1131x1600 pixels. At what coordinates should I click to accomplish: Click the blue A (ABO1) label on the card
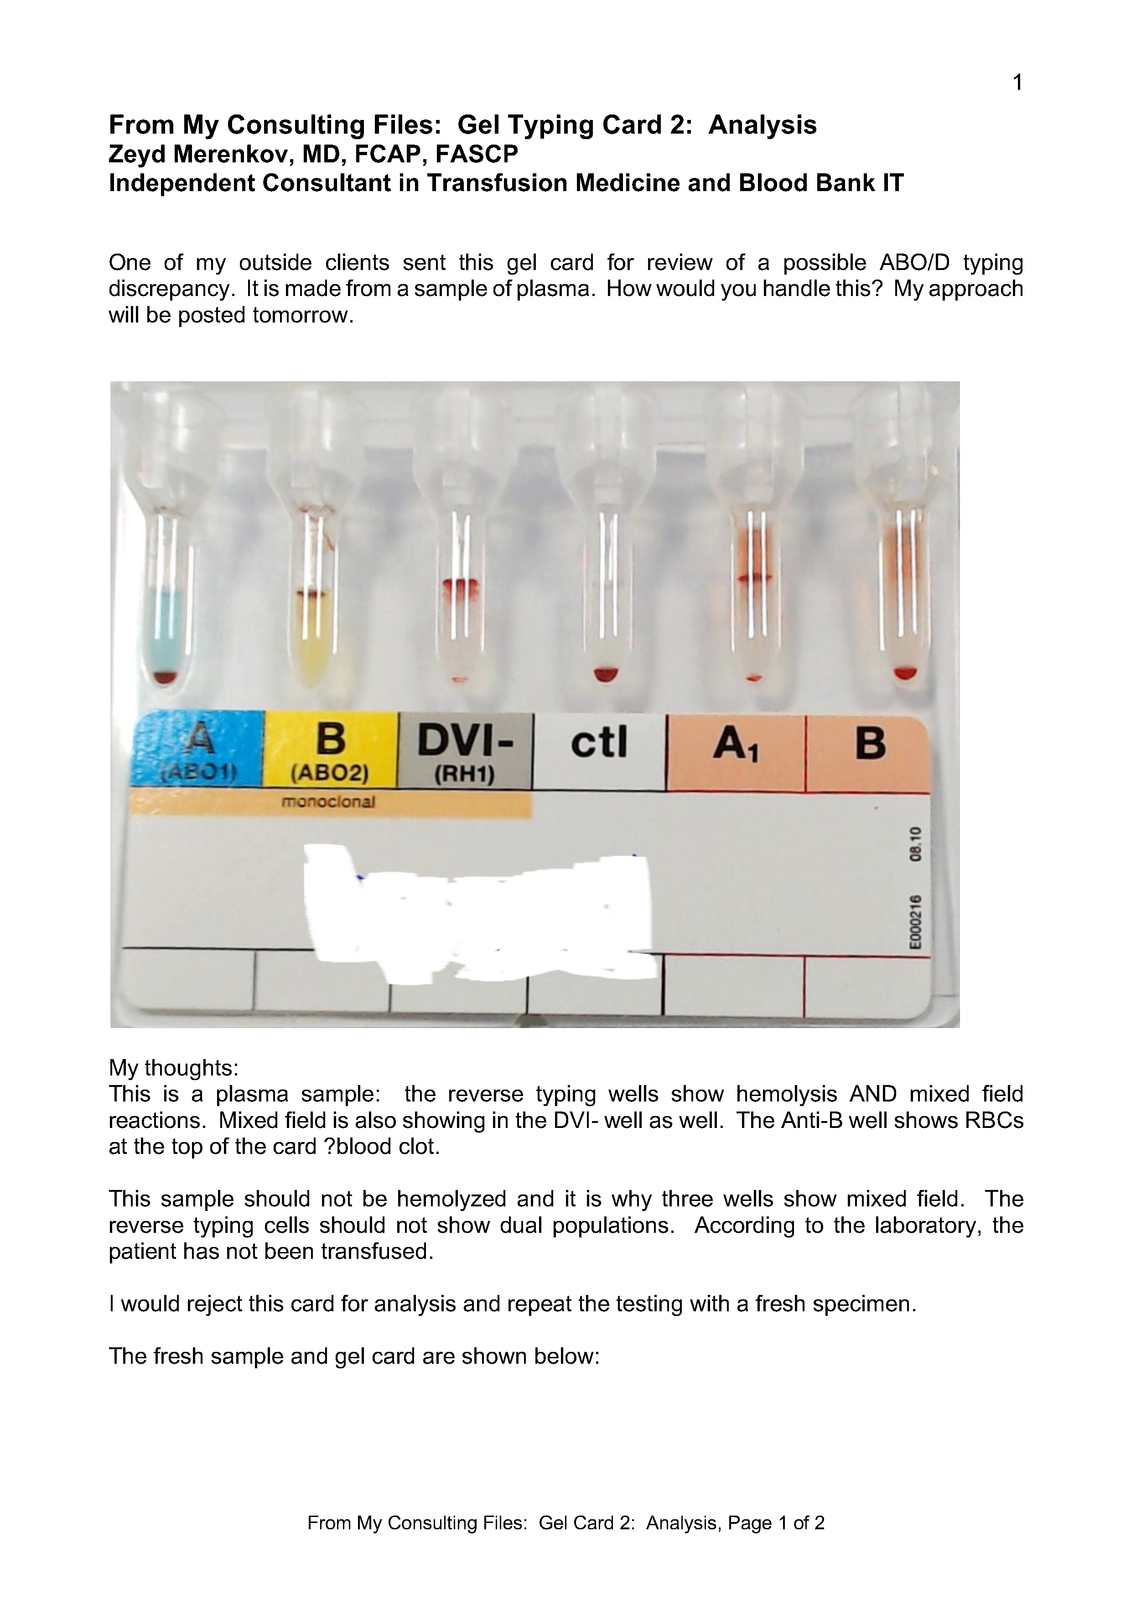198,749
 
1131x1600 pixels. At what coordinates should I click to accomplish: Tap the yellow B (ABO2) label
330,749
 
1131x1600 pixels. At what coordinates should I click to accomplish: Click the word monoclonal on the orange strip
328,802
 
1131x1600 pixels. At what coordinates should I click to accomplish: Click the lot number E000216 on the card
915,922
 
